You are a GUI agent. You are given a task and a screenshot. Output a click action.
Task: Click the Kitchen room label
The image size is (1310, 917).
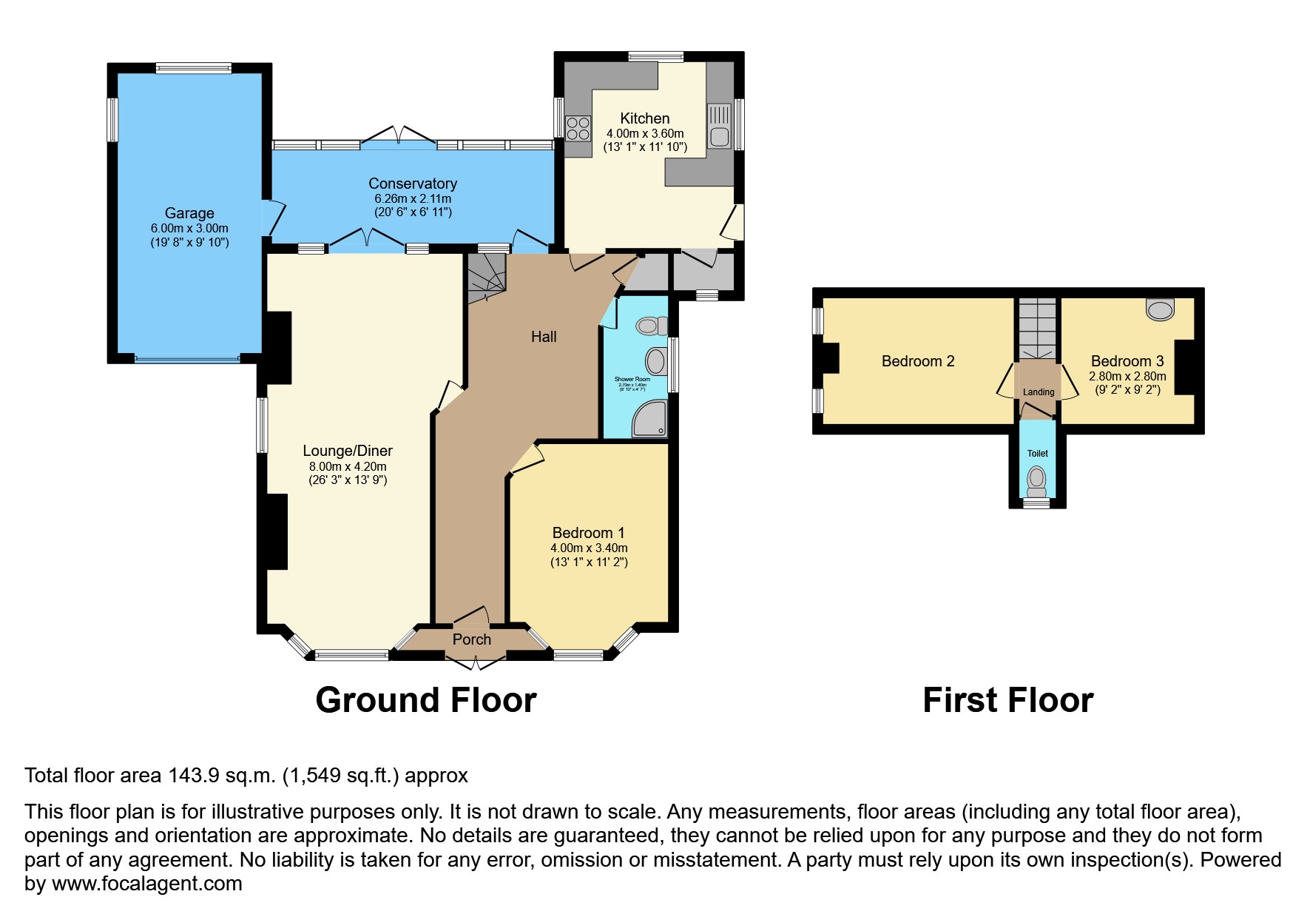coord(644,118)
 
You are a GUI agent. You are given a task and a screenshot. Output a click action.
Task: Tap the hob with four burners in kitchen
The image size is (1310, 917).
coord(578,128)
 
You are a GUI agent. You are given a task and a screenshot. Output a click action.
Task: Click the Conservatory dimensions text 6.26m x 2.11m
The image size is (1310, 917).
coord(413,198)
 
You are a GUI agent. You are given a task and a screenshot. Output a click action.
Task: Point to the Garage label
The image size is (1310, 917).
coord(189,213)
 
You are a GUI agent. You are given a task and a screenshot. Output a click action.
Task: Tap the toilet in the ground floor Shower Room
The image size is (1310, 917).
coord(651,325)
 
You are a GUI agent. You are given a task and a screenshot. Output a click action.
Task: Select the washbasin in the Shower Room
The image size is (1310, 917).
coord(656,362)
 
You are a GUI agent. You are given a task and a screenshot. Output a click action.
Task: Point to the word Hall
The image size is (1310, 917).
coord(543,337)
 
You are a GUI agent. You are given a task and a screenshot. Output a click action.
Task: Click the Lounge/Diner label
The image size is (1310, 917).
coord(348,451)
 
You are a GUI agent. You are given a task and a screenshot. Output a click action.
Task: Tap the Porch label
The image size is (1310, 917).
coord(471,639)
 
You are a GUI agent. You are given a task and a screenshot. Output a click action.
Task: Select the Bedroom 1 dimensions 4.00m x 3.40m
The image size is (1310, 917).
coord(589,548)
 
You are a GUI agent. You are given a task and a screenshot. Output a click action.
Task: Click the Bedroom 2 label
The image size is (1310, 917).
coord(918,361)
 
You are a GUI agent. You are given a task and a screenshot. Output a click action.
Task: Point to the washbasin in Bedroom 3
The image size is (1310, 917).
coord(1159,309)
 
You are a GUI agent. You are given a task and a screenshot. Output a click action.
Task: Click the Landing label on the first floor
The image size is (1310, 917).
coord(1038,392)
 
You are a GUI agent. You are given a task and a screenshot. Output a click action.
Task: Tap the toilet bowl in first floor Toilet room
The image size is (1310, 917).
coord(1037,478)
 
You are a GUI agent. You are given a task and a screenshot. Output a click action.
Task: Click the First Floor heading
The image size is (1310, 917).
coord(1007,700)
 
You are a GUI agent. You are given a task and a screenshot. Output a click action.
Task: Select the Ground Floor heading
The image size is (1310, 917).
coord(426,700)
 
